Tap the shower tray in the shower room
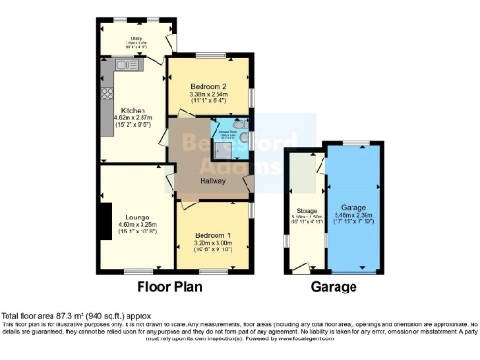226,144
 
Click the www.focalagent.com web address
354,337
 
